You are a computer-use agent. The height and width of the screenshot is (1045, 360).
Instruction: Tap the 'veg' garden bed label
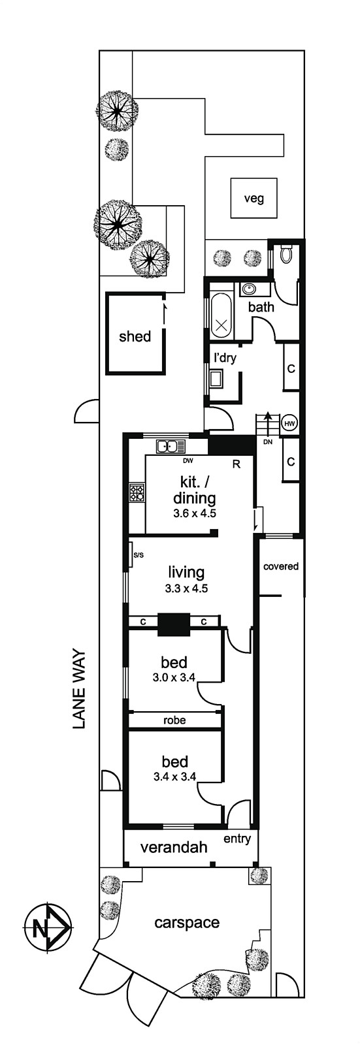[x=254, y=199]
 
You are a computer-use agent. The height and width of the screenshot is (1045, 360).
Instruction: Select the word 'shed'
[x=135, y=336]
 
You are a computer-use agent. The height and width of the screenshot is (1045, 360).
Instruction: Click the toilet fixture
[x=286, y=254]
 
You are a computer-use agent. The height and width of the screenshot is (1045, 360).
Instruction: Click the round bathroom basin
[x=249, y=289]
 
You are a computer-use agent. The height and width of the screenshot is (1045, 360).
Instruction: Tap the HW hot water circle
[x=289, y=424]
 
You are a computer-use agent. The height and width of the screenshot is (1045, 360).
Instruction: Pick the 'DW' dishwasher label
[x=188, y=461]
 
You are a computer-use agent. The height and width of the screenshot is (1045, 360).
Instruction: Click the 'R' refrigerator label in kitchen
[x=237, y=464]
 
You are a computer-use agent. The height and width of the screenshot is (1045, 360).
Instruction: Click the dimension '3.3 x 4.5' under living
[x=186, y=588]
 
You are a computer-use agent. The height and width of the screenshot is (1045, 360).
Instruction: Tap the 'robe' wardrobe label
[x=174, y=720]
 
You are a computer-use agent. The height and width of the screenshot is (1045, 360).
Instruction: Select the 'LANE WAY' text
[x=79, y=690]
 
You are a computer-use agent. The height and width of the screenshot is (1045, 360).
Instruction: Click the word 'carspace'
[x=187, y=922]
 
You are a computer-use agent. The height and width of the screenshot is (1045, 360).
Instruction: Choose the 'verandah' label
[x=174, y=846]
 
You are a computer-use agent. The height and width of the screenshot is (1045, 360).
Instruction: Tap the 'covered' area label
[x=281, y=566]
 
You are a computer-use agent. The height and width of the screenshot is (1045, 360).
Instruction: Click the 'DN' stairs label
[x=267, y=442]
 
